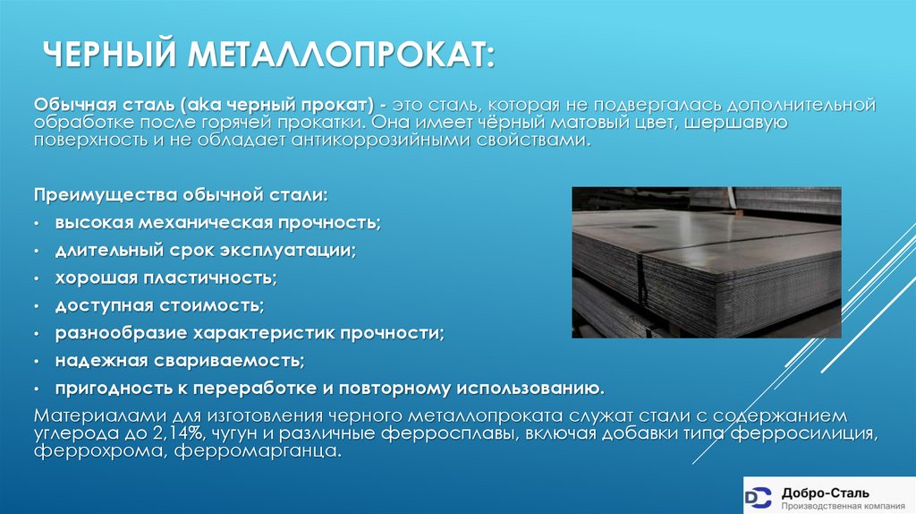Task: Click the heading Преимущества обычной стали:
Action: pos(181,195)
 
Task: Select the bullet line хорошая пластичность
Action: pos(165,278)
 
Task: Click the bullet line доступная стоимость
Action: pos(159,305)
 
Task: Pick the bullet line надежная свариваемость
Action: pos(180,361)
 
